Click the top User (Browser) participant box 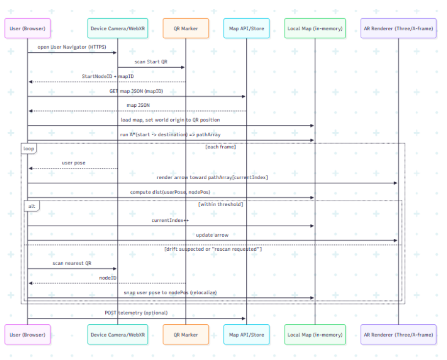[x=27, y=28]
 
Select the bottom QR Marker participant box [x=186, y=335]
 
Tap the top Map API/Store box [x=246, y=28]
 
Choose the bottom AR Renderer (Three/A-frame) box [x=398, y=335]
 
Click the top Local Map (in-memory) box [x=315, y=28]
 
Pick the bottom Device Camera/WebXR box [x=118, y=335]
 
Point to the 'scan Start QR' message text [x=151, y=62]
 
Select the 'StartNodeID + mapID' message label [x=108, y=76]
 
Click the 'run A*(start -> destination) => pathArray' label [x=169, y=135]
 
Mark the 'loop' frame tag [x=29, y=147]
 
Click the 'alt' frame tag [x=31, y=206]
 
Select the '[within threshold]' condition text [x=220, y=205]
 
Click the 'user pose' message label [x=73, y=163]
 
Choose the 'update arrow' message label [x=212, y=235]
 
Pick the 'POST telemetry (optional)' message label [x=136, y=313]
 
